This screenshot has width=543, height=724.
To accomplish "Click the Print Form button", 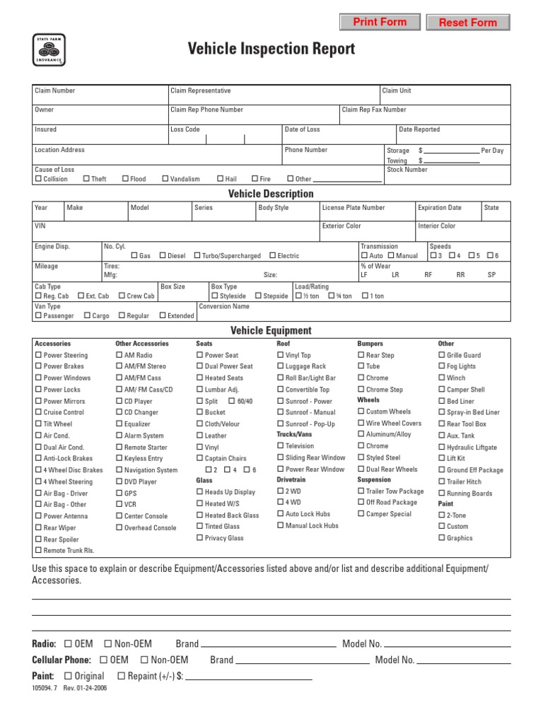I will [380, 23].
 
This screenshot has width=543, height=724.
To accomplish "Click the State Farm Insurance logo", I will [49, 50].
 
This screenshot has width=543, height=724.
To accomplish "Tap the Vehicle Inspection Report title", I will [271, 49].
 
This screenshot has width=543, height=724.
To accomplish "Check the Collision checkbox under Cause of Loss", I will [38, 179].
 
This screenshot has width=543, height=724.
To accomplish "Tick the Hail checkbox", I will [221, 179].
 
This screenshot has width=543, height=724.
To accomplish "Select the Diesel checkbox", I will [163, 256].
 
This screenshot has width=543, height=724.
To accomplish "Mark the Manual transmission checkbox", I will [391, 256].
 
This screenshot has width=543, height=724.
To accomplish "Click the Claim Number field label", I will [54, 90].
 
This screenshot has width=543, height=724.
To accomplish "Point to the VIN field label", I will [40, 226].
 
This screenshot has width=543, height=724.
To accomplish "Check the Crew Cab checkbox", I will [122, 296].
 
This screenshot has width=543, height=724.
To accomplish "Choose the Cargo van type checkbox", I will [87, 316].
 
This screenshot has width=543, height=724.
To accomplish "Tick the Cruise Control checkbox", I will [38, 412].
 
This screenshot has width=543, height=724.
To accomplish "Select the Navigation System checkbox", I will [119, 470].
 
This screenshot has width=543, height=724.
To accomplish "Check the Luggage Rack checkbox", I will [280, 366].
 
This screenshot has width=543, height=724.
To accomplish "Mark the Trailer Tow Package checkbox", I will [361, 491].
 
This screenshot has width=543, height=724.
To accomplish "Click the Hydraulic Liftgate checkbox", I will [441, 447].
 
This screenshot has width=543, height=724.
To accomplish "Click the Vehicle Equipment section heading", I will [271, 330].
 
